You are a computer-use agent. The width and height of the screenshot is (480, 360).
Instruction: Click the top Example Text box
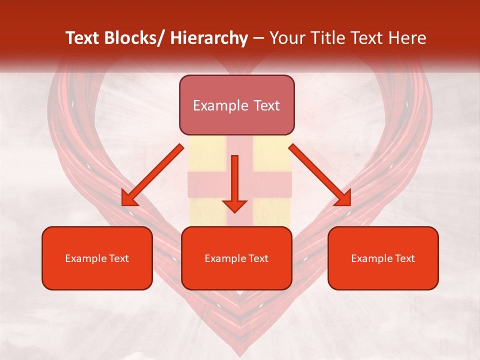tap(236, 105)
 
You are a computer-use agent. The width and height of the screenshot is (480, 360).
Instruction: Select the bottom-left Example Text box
tap(97, 258)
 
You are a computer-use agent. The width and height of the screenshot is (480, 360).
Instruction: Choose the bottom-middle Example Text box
tap(236, 258)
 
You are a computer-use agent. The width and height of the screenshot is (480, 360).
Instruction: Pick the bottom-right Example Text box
tap(383, 258)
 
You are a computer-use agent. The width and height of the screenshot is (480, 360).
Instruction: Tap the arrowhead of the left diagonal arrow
tap(128, 199)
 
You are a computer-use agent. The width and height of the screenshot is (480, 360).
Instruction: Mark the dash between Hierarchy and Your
tap(258, 38)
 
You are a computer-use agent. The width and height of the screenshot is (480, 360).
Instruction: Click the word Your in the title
tap(285, 38)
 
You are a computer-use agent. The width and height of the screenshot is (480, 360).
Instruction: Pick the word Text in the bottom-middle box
tap(257, 258)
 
